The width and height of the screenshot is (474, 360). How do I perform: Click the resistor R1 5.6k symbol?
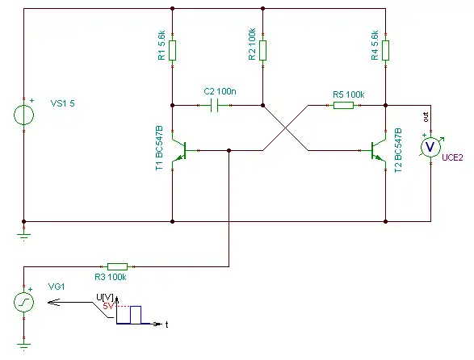pyautogui.click(x=172, y=50)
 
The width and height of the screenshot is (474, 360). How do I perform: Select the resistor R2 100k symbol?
pyautogui.click(x=262, y=50)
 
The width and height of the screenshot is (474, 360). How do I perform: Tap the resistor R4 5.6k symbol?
pyautogui.click(x=385, y=50)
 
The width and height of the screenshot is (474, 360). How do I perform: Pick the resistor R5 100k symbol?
pyautogui.click(x=343, y=105)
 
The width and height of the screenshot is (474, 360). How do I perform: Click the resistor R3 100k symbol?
pyautogui.click(x=118, y=266)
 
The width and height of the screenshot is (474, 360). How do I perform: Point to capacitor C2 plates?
pyautogui.click(x=214, y=105)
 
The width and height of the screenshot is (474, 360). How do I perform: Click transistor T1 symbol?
pyautogui.click(x=179, y=150)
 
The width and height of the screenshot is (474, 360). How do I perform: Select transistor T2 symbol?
pyautogui.click(x=379, y=150)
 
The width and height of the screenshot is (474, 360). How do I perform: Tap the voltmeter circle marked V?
pyautogui.click(x=430, y=147)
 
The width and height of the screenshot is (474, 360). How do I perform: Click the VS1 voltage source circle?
pyautogui.click(x=24, y=115)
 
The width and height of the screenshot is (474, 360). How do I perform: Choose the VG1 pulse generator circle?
pyautogui.click(x=24, y=302)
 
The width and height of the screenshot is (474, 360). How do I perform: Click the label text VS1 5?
pyautogui.click(x=62, y=103)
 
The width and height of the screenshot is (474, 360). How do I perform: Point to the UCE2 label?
pyautogui.click(x=452, y=157)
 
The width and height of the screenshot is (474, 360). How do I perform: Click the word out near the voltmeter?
pyautogui.click(x=426, y=117)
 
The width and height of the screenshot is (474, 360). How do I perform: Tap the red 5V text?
pyautogui.click(x=108, y=306)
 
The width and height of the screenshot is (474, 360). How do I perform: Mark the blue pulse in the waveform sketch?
pyautogui.click(x=136, y=315)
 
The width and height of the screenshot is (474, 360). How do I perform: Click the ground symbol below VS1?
pyautogui.click(x=24, y=237)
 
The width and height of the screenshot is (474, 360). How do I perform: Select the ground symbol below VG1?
pyautogui.click(x=24, y=346)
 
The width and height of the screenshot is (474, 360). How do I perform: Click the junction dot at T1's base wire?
pyautogui.click(x=229, y=150)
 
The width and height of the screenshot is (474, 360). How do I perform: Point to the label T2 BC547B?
pyautogui.click(x=398, y=150)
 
